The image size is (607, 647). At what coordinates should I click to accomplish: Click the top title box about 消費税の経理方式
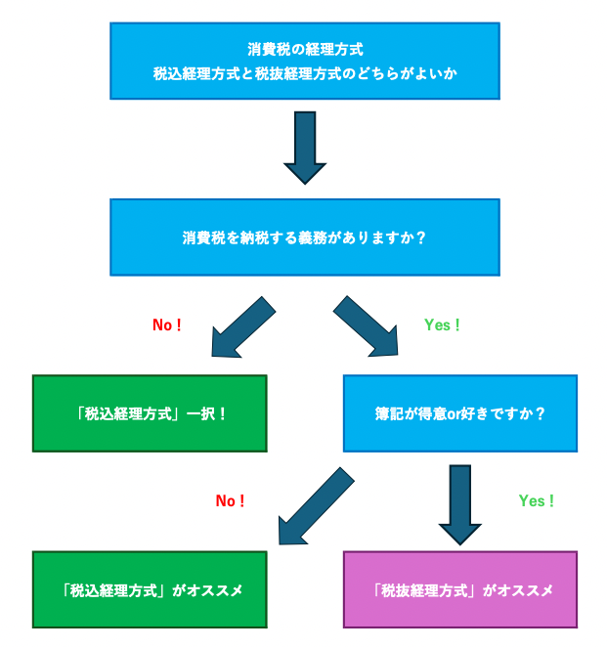(304, 61)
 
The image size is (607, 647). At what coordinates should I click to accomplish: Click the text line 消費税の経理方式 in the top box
(304, 48)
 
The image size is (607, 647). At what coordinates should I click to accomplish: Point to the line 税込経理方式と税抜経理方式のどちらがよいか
(304, 73)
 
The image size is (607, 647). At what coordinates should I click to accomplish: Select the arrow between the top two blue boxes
(304, 147)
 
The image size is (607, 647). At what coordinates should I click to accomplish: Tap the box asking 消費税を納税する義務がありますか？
(304, 237)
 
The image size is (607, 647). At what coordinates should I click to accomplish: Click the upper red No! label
(167, 325)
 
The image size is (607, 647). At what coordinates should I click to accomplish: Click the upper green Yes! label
(442, 325)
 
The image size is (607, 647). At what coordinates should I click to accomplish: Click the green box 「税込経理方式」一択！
(150, 413)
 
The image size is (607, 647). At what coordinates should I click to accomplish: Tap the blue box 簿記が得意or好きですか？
(459, 413)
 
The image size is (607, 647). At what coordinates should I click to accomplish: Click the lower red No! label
(230, 500)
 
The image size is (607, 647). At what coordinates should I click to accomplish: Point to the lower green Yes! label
(536, 500)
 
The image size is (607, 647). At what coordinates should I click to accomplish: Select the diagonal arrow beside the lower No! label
(315, 506)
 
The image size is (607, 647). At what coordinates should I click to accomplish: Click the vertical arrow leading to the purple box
(459, 503)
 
